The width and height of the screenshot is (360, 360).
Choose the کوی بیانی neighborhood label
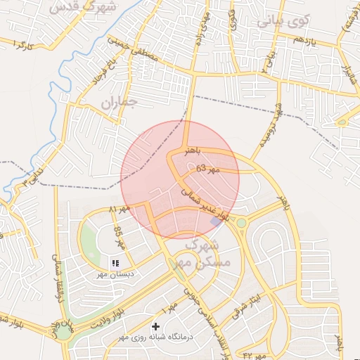(282, 20)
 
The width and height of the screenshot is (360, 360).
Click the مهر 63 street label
(208, 169)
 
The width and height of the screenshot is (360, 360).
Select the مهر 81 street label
(119, 210)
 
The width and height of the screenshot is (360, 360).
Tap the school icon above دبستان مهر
(115, 263)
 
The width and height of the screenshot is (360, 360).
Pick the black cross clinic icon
(155, 327)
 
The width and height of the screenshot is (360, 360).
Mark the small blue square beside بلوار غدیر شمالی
(214, 221)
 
